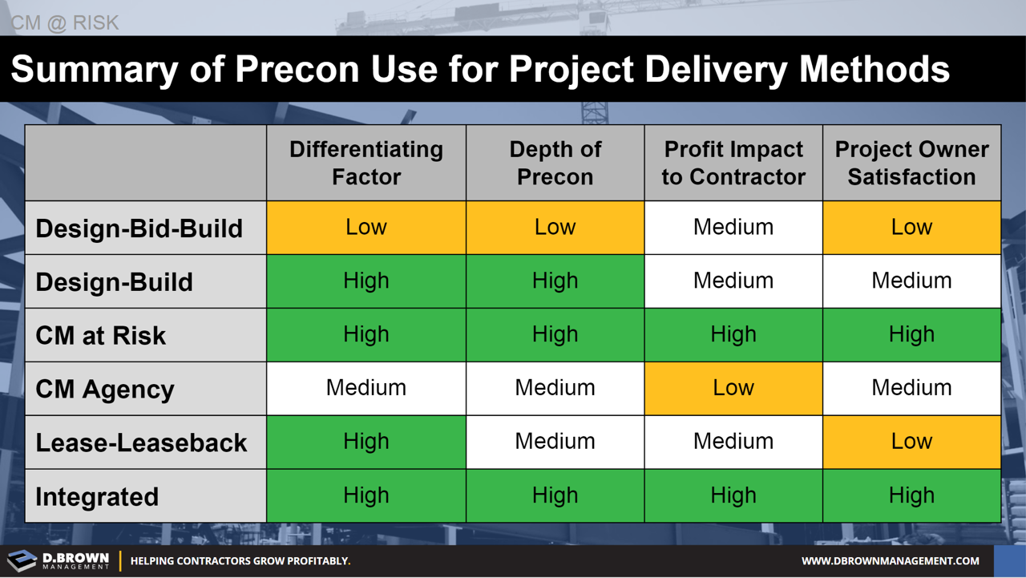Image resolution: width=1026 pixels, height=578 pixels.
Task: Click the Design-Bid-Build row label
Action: tap(139, 228)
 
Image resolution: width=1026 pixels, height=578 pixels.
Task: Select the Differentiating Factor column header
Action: tap(366, 163)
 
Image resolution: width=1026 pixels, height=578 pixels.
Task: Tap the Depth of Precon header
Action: tap(555, 163)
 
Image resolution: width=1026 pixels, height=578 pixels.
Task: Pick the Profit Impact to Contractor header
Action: tap(733, 163)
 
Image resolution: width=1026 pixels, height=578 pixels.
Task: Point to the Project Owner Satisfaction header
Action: tap(911, 163)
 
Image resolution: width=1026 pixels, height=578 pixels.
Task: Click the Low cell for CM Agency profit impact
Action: tap(733, 388)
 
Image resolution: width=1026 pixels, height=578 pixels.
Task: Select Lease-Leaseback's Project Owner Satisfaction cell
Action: tap(911, 442)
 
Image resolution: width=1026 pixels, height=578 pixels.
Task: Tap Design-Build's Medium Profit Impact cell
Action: tap(733, 281)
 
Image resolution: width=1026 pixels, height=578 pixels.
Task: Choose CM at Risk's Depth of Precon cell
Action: tap(555, 334)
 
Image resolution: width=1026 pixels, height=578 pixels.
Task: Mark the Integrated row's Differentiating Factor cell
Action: tap(366, 495)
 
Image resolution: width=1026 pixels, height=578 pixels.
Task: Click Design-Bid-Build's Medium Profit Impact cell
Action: tap(733, 228)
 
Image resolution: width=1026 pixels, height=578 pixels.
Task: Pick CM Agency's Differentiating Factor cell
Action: tap(366, 388)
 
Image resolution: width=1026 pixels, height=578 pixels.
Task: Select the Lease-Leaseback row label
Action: tap(141, 443)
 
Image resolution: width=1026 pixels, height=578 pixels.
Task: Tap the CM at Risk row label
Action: tap(100, 335)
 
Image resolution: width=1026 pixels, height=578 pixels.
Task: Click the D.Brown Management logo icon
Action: tap(22, 560)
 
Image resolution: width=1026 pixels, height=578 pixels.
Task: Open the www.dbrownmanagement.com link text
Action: tap(890, 561)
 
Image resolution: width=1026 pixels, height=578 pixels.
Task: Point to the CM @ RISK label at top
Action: tap(65, 22)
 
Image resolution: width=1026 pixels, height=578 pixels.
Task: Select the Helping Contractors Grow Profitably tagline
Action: tap(240, 561)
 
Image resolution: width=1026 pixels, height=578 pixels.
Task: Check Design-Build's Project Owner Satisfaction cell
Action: tap(911, 281)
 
